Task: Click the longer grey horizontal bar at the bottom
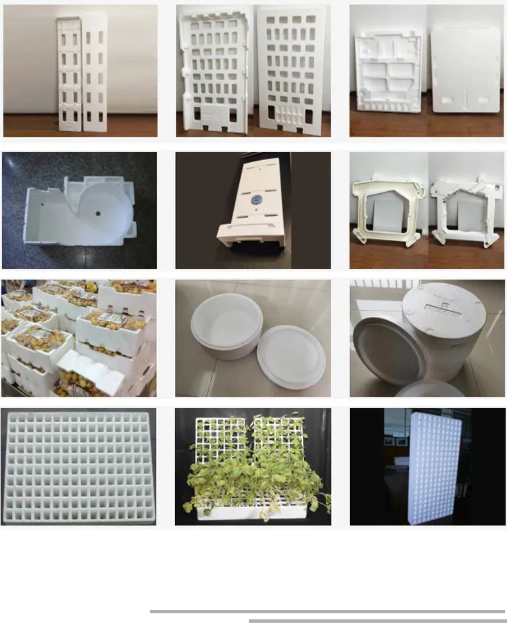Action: [328, 611]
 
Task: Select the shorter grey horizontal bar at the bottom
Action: [377, 620]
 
